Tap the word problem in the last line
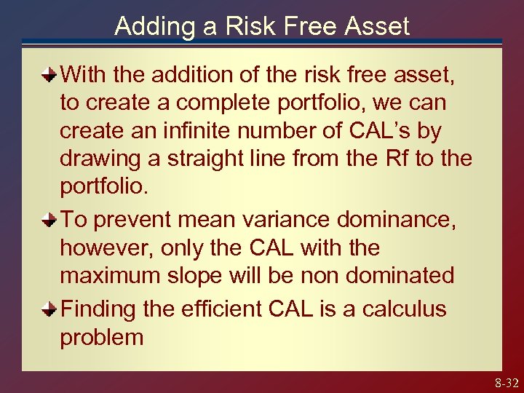click(102, 338)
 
